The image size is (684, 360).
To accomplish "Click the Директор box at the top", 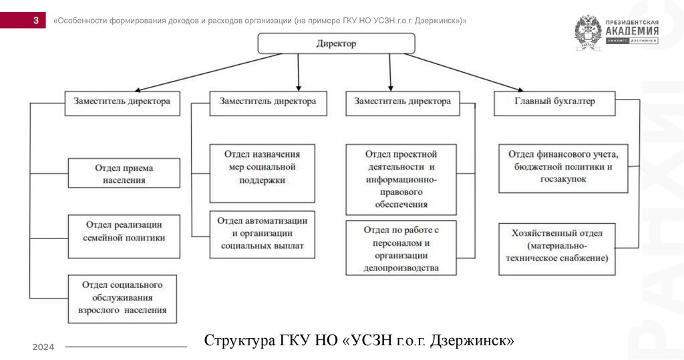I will [x=336, y=43].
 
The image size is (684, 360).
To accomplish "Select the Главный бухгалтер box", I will [x=554, y=102].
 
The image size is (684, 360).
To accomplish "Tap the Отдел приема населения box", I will [x=124, y=173].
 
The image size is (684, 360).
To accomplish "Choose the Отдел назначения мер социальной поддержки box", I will [x=262, y=173].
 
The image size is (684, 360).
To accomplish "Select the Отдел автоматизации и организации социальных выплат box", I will [x=262, y=234].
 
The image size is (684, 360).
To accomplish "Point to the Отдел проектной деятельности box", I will [x=401, y=178].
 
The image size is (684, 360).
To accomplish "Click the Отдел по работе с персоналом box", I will [x=401, y=248].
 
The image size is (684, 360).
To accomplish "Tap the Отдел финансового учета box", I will [x=563, y=168].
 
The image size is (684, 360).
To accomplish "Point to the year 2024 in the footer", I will [x=43, y=347].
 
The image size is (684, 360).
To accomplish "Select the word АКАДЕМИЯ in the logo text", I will [x=631, y=31].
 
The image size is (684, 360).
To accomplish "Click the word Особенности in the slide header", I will [x=83, y=21].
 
